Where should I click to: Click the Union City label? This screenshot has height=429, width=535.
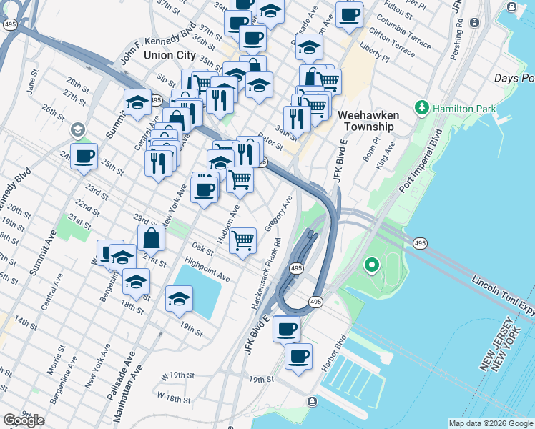(170, 54)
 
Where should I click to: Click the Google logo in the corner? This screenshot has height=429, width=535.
(24, 420)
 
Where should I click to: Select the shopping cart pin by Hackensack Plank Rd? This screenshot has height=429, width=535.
(243, 240)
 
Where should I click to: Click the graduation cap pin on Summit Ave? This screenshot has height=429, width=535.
(137, 102)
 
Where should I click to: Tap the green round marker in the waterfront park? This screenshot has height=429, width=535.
(371, 267)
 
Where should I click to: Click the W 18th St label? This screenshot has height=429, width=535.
(176, 396)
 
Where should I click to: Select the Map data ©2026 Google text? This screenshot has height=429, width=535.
(491, 423)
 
